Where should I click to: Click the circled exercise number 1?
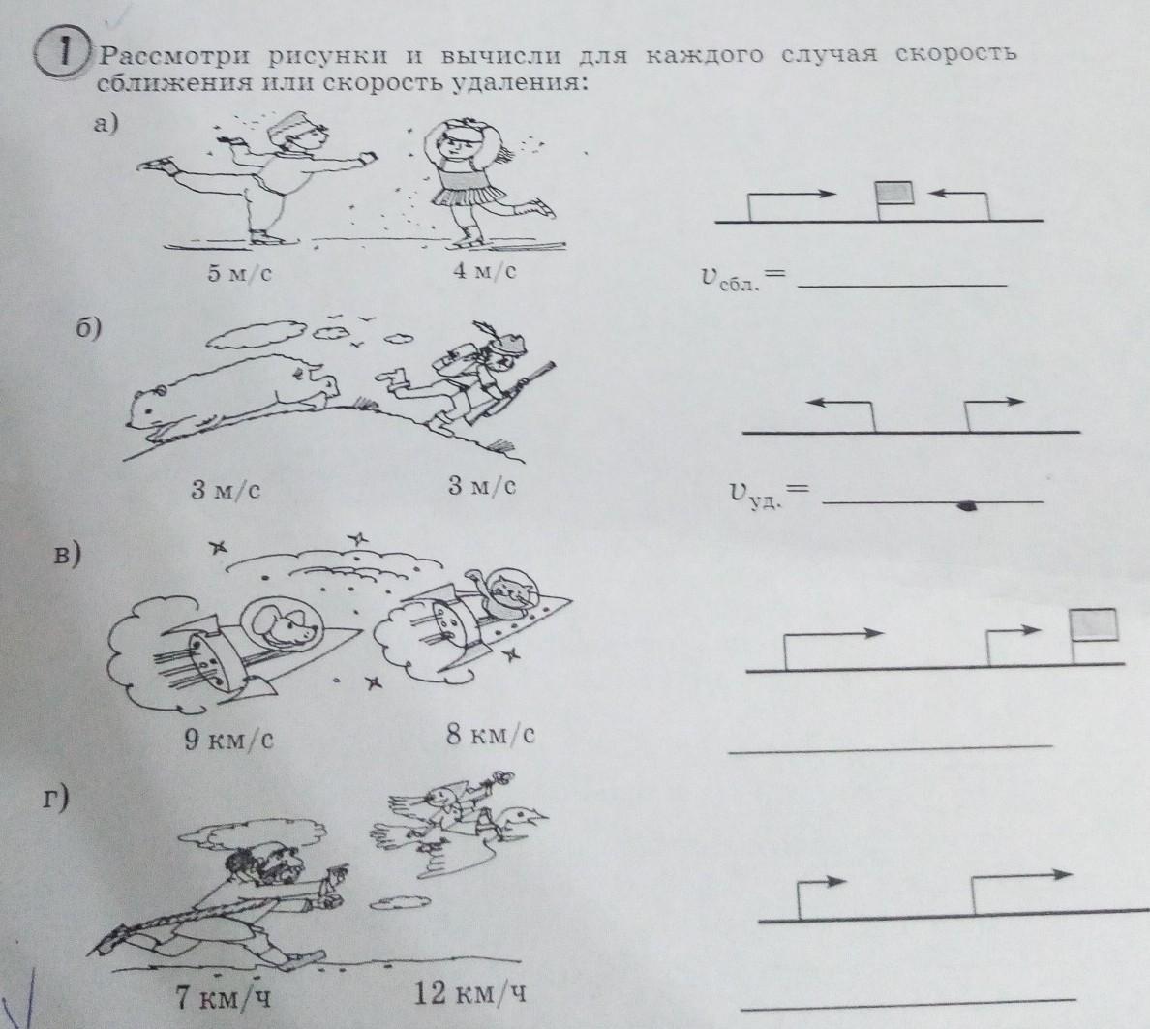63,54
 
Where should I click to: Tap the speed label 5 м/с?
239,274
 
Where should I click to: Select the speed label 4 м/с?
483,271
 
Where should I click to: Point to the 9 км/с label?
228,739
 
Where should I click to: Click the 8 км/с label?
491,734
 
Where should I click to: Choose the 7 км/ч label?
223,997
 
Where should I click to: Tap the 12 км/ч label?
470,994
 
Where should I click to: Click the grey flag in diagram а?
895,193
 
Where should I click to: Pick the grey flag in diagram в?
1094,624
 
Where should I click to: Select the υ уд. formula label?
769,495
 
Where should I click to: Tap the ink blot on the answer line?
968,504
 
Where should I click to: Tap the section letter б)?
89,329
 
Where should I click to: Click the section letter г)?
56,798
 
